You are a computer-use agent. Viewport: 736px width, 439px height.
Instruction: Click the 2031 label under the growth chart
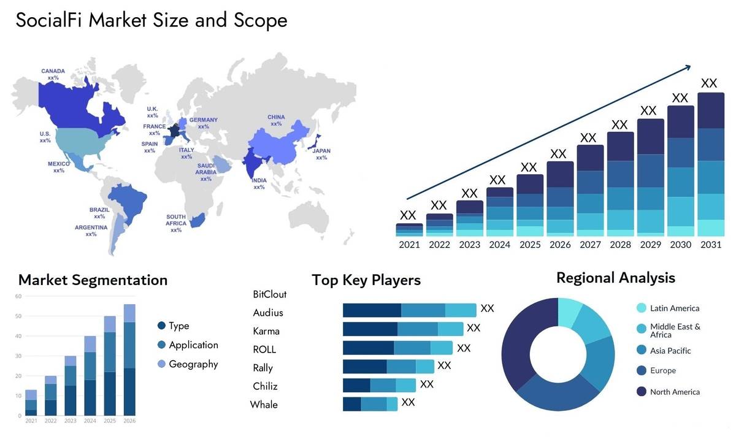point(711,245)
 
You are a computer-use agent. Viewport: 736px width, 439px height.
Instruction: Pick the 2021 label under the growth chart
point(409,245)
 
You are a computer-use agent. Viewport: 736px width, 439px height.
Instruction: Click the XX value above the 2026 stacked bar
point(558,153)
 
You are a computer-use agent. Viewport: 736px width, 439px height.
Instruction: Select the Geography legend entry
point(193,364)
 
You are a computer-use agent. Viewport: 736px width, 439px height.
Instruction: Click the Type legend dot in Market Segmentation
point(161,326)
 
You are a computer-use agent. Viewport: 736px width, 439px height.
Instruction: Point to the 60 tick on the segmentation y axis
point(18,296)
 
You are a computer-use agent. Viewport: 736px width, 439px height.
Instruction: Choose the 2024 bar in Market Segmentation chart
point(90,375)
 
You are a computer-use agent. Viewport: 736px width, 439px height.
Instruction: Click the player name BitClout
point(269,294)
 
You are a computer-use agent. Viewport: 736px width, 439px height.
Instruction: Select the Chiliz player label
point(265,386)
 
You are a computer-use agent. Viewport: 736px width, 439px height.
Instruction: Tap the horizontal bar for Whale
point(370,404)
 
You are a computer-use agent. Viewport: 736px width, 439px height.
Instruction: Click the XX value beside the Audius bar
point(473,328)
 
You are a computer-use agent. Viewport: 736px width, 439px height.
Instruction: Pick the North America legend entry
point(675,392)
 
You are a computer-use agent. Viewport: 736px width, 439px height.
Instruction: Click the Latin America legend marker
point(642,308)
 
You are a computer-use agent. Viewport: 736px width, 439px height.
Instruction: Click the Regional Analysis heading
point(615,278)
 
